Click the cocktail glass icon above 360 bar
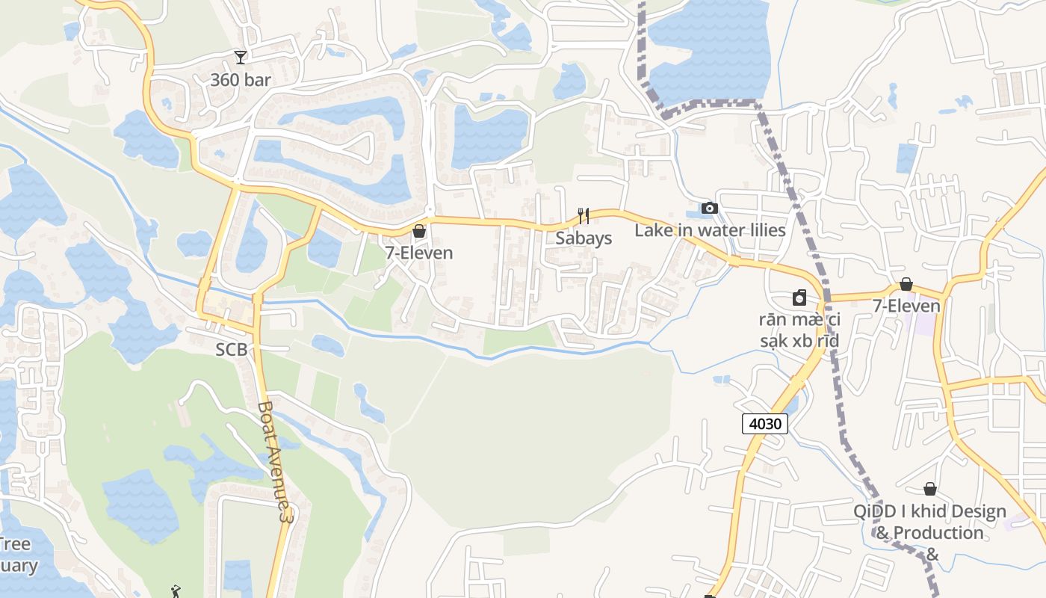(x=240, y=57)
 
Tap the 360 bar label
(x=240, y=79)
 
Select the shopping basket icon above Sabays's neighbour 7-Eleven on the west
(x=419, y=231)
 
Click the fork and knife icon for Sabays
(x=584, y=216)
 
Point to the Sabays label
(x=584, y=238)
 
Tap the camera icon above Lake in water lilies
(x=709, y=208)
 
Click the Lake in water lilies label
(x=710, y=230)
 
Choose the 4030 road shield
(x=765, y=424)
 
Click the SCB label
(x=232, y=349)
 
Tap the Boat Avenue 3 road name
(x=273, y=461)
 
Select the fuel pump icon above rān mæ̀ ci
(x=799, y=298)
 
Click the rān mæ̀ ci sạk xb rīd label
(x=799, y=330)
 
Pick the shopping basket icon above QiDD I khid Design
(x=930, y=489)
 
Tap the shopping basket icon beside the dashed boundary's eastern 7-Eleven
(x=906, y=284)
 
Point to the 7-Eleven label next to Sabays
(x=419, y=253)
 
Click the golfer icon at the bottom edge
(x=176, y=592)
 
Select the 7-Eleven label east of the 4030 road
(x=906, y=306)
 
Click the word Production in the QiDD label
(x=938, y=533)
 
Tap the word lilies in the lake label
(x=761, y=230)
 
